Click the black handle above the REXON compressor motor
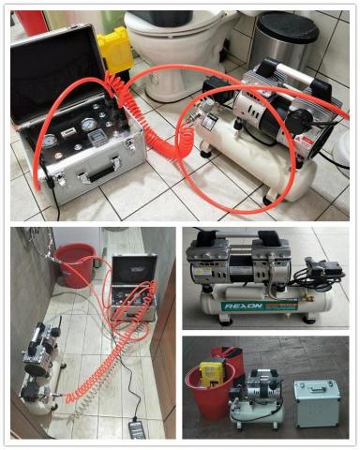tap(234, 242)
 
